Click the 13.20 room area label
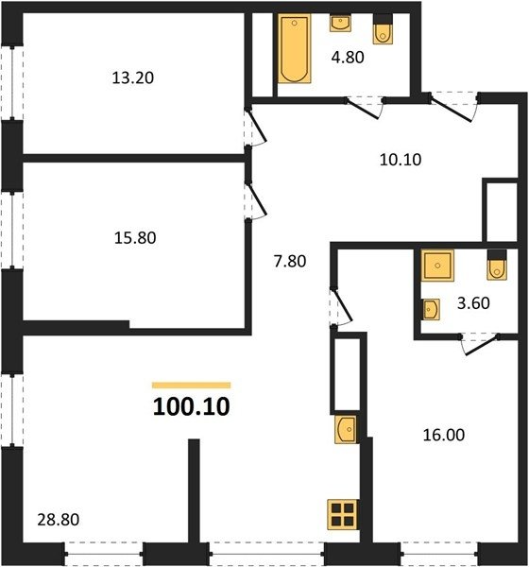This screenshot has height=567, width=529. (x=132, y=77)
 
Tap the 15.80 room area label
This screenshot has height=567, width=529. (x=135, y=238)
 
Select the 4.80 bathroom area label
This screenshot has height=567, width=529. (x=348, y=57)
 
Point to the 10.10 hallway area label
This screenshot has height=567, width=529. (x=401, y=160)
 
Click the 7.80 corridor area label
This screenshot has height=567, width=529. (x=290, y=261)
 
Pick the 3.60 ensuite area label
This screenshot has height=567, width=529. (x=473, y=303)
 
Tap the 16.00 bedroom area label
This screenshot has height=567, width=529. (x=444, y=435)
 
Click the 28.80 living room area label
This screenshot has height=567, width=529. (x=59, y=520)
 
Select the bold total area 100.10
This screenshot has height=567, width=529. (x=191, y=406)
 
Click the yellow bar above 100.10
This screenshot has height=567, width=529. (x=191, y=386)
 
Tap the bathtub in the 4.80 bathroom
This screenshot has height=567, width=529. (x=295, y=48)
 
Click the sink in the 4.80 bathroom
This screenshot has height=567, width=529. (x=340, y=23)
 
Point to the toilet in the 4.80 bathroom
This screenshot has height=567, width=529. (x=383, y=29)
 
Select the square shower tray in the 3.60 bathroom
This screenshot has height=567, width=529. (x=437, y=266)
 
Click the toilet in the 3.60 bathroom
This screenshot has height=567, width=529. (x=497, y=265)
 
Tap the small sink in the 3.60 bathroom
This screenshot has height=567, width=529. (x=431, y=309)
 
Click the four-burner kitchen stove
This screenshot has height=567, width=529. (x=342, y=515)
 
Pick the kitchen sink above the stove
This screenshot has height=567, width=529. (x=346, y=429)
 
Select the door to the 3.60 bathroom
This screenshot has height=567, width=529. (x=481, y=344)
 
